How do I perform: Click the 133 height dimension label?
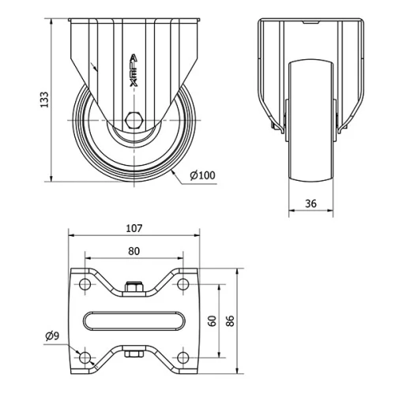pyautogui.click(x=44, y=99)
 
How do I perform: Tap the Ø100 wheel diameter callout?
pyautogui.click(x=202, y=175)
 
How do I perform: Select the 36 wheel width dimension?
pyautogui.click(x=310, y=204)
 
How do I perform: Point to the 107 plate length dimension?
pyautogui.click(x=134, y=228)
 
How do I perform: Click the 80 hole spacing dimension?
pyautogui.click(x=134, y=251)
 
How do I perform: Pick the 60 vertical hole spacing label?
pyautogui.click(x=213, y=320)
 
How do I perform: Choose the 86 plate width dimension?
pyautogui.click(x=230, y=320)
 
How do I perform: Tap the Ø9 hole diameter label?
pyautogui.click(x=52, y=336)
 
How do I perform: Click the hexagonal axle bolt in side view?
pyautogui.click(x=134, y=120)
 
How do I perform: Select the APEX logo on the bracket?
pyautogui.click(x=134, y=70)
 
